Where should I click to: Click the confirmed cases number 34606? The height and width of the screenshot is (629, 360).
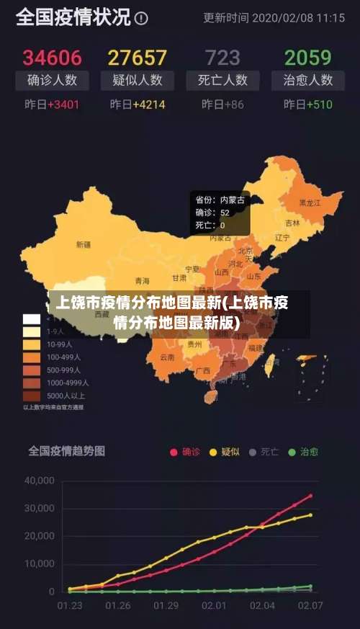click(x=53, y=57)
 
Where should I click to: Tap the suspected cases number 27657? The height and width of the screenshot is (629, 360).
click(x=137, y=57)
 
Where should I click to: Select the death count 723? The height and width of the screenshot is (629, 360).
click(x=222, y=57)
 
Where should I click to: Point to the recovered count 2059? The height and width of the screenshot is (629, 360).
click(x=307, y=57)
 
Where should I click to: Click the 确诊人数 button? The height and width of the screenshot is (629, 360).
click(x=53, y=80)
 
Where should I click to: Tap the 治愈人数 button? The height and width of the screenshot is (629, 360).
click(x=307, y=80)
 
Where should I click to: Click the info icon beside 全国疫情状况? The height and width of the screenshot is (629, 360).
click(x=142, y=18)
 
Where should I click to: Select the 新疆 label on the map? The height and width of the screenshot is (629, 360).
click(x=84, y=245)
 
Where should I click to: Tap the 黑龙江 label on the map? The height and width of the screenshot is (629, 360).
click(x=310, y=203)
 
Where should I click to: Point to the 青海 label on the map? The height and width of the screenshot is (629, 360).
click(x=143, y=281)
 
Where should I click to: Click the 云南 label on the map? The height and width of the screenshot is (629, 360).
click(x=167, y=357)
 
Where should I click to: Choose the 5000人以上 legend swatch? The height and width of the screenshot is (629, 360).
click(x=32, y=396)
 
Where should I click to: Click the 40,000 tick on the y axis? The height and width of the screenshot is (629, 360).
click(x=40, y=481)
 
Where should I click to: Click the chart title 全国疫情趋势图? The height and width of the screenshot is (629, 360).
click(x=66, y=451)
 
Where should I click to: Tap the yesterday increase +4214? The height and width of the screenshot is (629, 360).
click(x=138, y=104)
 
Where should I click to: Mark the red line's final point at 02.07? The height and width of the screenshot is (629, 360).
click(x=311, y=496)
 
